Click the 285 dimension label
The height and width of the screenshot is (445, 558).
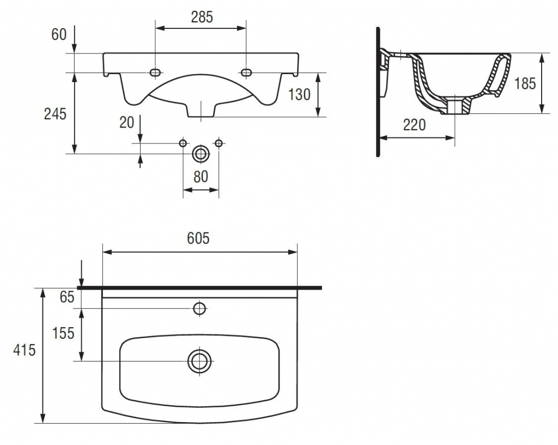click(x=202, y=17)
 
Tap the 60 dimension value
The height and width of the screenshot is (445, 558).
click(x=59, y=34)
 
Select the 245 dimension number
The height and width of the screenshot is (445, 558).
click(x=55, y=114)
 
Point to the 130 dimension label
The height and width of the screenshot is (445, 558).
click(x=299, y=94)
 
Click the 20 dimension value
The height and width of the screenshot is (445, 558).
click(x=126, y=122)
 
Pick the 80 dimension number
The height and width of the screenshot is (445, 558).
click(x=201, y=176)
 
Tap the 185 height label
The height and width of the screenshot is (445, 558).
click(x=525, y=83)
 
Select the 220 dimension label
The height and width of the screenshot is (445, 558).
click(x=414, y=125)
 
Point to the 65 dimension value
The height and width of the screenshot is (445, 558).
click(x=66, y=297)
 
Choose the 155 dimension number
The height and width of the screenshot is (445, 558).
click(x=64, y=333)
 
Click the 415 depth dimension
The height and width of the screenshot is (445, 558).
click(x=25, y=350)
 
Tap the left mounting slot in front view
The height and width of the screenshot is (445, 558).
click(x=156, y=73)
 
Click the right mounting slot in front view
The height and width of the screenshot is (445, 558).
click(x=246, y=73)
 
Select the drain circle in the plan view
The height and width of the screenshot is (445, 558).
click(x=200, y=360)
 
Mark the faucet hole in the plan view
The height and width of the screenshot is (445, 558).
click(x=200, y=309)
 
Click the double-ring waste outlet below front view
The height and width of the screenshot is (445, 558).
click(x=201, y=154)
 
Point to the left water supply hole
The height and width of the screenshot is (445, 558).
click(x=183, y=143)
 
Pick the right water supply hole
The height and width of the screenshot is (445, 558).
click(x=219, y=143)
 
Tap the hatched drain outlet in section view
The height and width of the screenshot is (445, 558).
click(x=454, y=106)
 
